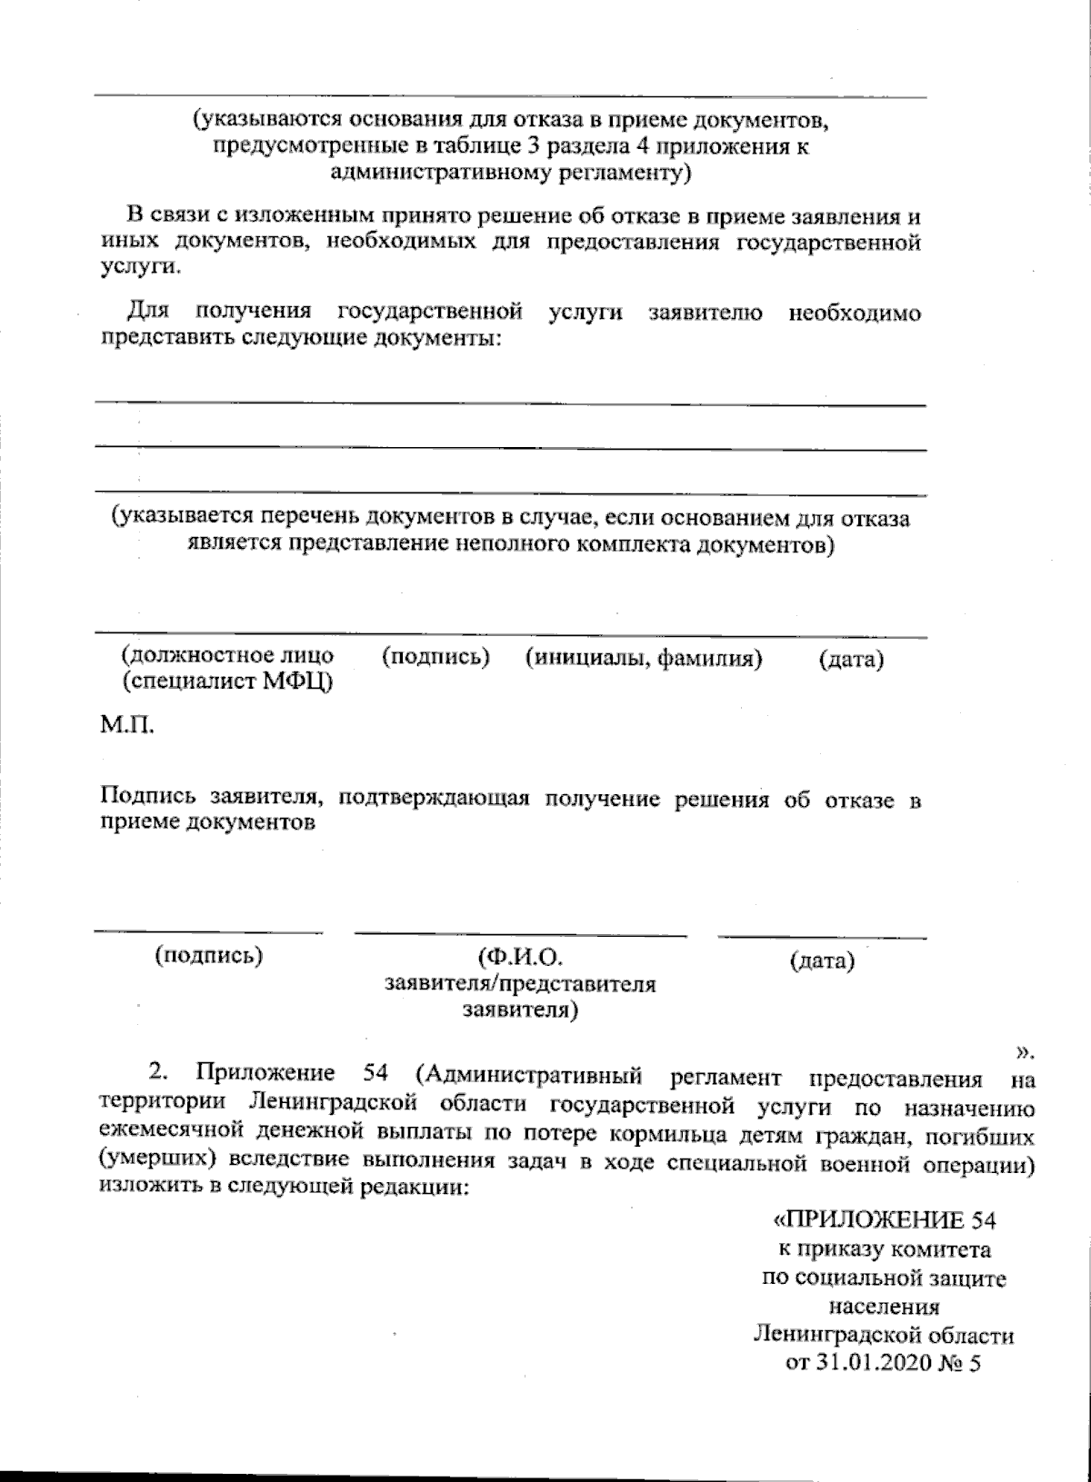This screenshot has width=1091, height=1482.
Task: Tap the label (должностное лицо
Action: (226, 655)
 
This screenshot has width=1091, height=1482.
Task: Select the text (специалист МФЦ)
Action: (225, 681)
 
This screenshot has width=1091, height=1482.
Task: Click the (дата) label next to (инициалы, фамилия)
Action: (851, 660)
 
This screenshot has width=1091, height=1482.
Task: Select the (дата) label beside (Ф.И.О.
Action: (822, 960)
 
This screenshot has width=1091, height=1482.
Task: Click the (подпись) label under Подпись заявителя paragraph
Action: (209, 955)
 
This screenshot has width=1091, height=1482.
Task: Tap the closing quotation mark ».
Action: (1025, 1052)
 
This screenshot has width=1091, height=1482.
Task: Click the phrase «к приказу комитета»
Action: (882, 1248)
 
